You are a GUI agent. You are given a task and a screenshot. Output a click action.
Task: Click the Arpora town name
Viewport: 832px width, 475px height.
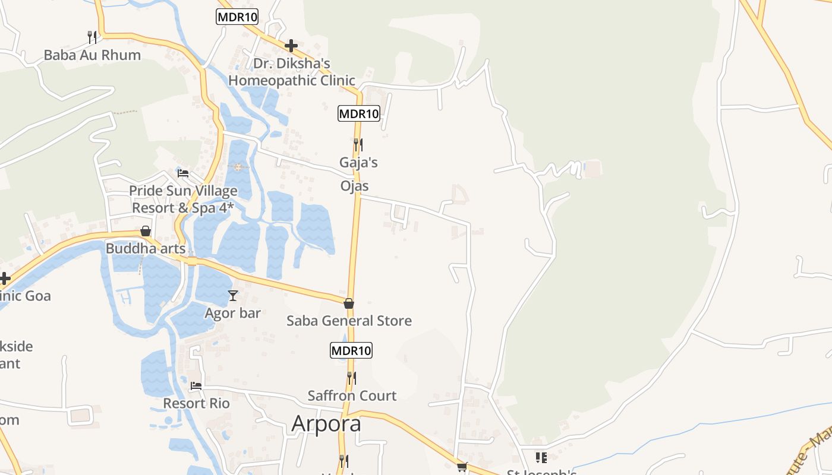[x=326, y=424]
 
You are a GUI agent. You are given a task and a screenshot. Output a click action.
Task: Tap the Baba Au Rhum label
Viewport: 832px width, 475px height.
[x=92, y=55]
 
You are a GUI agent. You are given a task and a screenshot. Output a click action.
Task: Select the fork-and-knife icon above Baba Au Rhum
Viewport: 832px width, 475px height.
[x=92, y=37]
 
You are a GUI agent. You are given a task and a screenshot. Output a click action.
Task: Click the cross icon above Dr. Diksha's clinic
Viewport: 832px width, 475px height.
[x=291, y=46]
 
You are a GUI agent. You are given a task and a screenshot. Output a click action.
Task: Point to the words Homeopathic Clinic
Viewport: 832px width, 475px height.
[x=292, y=80]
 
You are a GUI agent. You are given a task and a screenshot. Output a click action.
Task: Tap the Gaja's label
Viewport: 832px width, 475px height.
[x=358, y=162]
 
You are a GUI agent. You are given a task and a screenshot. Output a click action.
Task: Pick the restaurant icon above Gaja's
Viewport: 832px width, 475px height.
[x=358, y=144]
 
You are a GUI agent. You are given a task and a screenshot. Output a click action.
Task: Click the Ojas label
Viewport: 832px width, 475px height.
[x=354, y=186]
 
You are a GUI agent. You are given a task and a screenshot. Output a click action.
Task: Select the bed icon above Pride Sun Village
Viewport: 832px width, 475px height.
[x=183, y=173]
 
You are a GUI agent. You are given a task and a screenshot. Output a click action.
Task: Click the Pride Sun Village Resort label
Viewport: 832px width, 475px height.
[x=183, y=199]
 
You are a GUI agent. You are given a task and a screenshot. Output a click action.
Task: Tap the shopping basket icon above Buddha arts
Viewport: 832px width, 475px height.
[x=146, y=231]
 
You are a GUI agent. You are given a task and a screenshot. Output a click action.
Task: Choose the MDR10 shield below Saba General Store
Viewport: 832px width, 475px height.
[x=351, y=350]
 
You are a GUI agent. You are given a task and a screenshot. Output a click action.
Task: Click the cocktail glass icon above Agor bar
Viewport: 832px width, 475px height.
[x=233, y=295]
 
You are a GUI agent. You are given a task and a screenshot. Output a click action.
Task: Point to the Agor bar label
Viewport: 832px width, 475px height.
[x=233, y=313]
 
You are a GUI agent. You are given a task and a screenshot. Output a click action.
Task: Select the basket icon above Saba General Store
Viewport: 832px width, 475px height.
[x=349, y=303]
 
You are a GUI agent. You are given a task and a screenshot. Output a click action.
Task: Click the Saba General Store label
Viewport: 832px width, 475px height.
[x=349, y=321]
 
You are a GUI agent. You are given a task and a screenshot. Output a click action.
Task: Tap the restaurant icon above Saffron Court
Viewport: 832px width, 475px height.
[x=352, y=378]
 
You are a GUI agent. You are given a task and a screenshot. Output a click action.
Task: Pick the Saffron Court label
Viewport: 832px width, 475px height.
[x=352, y=395]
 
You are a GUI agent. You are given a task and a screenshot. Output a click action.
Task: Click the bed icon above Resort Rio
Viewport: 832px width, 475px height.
[x=196, y=386]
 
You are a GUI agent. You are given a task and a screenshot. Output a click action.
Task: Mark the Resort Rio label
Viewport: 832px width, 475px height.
[x=196, y=404]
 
